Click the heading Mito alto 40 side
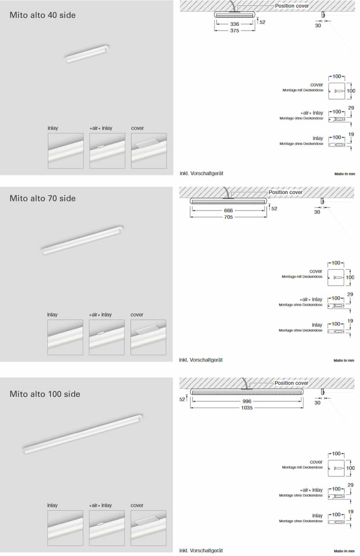tap(43, 15)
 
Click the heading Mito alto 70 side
tap(43, 198)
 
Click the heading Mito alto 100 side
tap(45, 394)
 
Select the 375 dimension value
tap(235, 31)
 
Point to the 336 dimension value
tap(235, 24)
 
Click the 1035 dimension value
tap(247, 407)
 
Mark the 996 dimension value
tap(247, 401)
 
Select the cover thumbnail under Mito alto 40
tap(149, 150)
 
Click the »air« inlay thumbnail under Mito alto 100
tap(107, 528)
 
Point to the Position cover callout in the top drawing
tap(291, 6)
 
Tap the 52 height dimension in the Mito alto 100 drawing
tap(182, 399)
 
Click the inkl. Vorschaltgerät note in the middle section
tap(201, 360)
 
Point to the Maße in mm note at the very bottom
tap(344, 551)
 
